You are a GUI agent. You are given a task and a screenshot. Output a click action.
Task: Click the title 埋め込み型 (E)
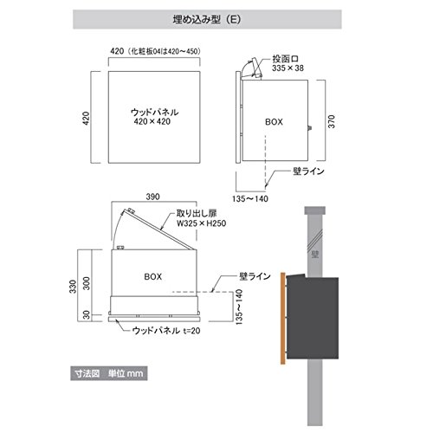[x=207, y=19]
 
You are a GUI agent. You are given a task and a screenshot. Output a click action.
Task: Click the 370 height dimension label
[x=332, y=121]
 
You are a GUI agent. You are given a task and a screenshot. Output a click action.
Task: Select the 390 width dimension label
[x=152, y=197]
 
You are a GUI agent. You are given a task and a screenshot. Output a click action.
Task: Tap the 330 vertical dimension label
[x=73, y=287]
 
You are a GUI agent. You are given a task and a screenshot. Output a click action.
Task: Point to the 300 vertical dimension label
[x=87, y=283]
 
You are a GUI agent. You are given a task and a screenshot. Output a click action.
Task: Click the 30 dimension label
[x=87, y=315]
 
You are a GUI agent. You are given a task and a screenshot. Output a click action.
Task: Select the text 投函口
[x=286, y=59]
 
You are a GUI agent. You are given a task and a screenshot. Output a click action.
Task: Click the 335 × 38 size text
[x=288, y=68]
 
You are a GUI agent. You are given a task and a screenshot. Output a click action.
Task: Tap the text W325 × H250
[x=202, y=223]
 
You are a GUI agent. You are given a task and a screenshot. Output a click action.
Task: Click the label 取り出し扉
[x=197, y=214]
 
